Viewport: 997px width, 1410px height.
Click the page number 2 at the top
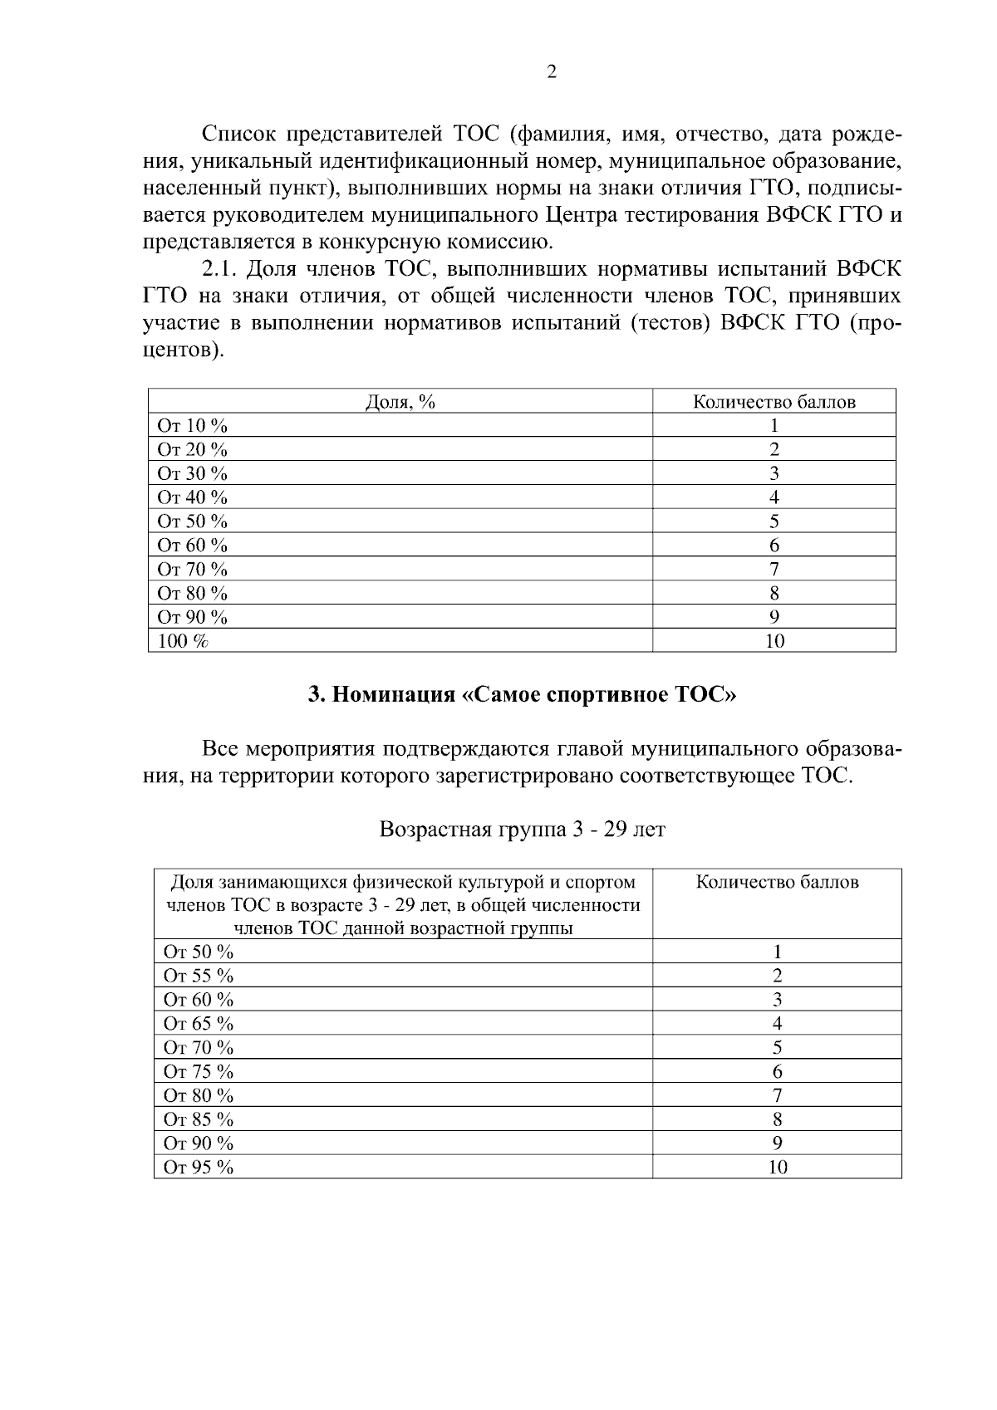tap(551, 72)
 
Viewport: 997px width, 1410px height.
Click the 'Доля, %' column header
tap(400, 402)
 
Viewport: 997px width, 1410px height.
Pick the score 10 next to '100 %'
tap(774, 641)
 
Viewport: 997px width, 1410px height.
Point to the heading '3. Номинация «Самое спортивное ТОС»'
tap(523, 695)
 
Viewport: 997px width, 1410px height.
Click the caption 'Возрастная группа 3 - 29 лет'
tap(523, 830)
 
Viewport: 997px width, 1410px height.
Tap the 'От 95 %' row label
tap(199, 1168)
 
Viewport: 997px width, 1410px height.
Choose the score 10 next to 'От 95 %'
tap(778, 1168)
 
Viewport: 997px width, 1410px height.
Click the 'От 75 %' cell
tap(199, 1072)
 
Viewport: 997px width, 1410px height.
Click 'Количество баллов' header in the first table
tap(774, 402)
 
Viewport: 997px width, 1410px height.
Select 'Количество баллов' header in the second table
tap(778, 882)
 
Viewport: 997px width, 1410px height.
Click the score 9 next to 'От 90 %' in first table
tap(774, 617)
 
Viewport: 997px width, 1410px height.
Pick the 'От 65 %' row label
tap(199, 1024)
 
